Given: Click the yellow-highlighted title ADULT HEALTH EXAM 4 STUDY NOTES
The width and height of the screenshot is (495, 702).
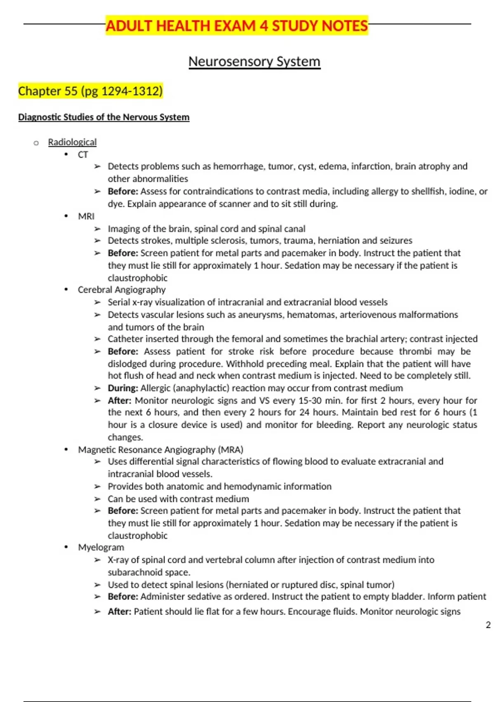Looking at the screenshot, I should point(236,26).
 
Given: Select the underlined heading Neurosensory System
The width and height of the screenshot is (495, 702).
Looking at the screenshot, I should point(254,62).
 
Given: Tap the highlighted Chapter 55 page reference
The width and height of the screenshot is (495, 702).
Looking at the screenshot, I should point(90,91).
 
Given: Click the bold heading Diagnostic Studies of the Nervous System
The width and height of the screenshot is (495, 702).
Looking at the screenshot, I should point(104,117).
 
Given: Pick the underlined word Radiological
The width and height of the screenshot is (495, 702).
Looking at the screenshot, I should point(72,142).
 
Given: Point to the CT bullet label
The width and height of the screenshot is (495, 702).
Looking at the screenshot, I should point(83,154).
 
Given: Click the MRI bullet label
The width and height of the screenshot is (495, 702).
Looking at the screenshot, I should point(86,216).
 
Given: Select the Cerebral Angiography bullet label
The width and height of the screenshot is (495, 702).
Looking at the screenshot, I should point(122,290).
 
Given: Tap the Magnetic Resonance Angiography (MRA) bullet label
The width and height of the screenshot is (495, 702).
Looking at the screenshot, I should point(160,450).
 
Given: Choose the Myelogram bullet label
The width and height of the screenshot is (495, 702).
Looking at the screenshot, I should point(101,548).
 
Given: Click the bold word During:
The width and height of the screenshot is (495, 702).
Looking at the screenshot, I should point(123,388).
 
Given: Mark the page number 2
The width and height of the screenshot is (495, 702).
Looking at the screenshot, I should point(488,625).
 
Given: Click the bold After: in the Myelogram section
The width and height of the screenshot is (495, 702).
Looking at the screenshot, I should point(119,612).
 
